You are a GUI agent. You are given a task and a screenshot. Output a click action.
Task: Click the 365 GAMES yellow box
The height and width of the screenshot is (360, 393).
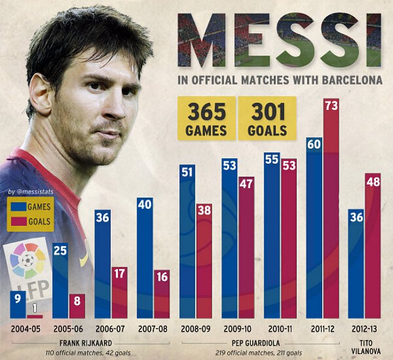pyautogui.click(x=206, y=118)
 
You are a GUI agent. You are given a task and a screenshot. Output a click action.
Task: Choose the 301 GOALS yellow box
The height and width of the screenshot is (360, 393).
pyautogui.click(x=267, y=118)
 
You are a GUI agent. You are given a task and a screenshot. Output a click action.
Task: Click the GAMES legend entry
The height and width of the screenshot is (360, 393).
pyautogui.click(x=31, y=207)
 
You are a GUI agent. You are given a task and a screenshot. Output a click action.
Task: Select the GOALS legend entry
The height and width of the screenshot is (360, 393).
pyautogui.click(x=31, y=221)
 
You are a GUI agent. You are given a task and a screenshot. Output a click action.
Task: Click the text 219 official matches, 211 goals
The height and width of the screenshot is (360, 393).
pyautogui.click(x=259, y=352)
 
